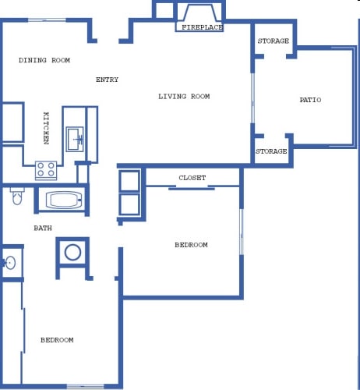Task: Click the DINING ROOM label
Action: coord(44,60)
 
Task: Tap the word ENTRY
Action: coord(107,80)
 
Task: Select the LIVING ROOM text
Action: coord(184,97)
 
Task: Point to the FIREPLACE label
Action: coord(202,27)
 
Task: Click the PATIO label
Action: coord(310,100)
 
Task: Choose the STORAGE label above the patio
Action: coord(274,41)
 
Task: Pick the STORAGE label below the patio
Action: coord(271,151)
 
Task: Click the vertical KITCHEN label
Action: coord(46,128)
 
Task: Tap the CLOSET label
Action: coord(192,178)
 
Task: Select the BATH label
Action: coord(43,229)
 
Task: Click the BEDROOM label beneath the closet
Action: coord(191,245)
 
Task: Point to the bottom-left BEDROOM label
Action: coord(57,340)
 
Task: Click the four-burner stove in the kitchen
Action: coord(46,170)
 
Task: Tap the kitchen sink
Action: coord(75,139)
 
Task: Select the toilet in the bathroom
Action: coord(17,196)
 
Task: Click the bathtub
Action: coord(64,200)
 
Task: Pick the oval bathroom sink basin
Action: coord(10,263)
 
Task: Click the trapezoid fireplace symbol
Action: coord(199,12)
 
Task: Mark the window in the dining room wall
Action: coord(47,20)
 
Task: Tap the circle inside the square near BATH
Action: coord(72,253)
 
